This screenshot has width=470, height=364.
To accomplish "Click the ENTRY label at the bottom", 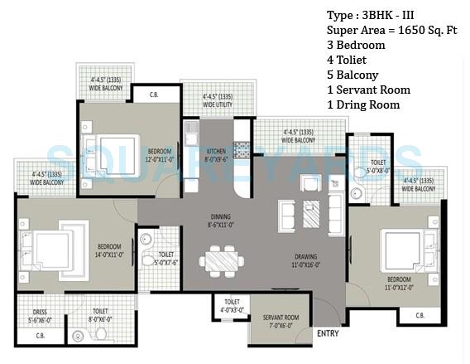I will tap(327, 333).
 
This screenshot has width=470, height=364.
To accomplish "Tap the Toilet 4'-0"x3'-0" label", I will tap(232, 308).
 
